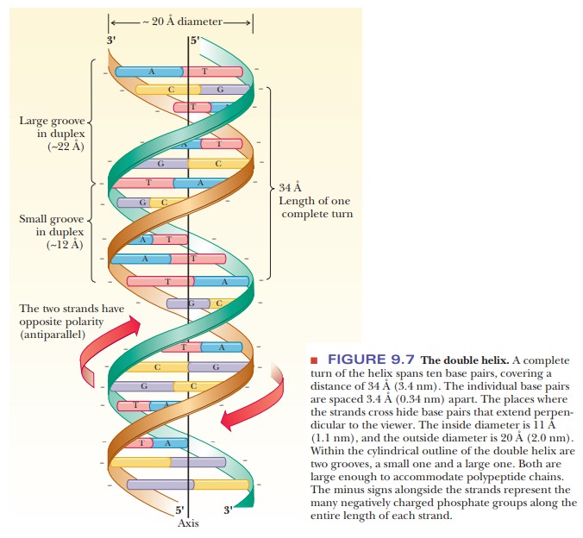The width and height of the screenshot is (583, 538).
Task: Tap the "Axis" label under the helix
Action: (189, 522)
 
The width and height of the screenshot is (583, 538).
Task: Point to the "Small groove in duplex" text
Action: (53, 225)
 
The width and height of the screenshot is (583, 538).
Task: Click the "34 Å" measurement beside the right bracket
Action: (290, 187)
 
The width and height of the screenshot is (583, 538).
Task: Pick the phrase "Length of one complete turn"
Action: (316, 207)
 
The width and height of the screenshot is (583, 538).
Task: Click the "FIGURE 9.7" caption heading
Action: (371, 360)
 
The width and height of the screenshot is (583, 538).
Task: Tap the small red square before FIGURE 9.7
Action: (315, 360)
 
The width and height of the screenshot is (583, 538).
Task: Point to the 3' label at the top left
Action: (111, 40)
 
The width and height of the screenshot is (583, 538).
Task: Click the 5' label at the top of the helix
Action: (194, 40)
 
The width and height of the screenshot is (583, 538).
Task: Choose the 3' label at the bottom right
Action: (227, 510)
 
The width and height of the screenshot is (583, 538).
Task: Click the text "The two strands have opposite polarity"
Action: (72, 314)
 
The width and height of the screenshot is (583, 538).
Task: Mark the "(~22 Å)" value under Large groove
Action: (66, 147)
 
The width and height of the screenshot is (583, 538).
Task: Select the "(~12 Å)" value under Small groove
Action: (66, 245)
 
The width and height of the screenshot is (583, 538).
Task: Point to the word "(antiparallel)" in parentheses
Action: (52, 335)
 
